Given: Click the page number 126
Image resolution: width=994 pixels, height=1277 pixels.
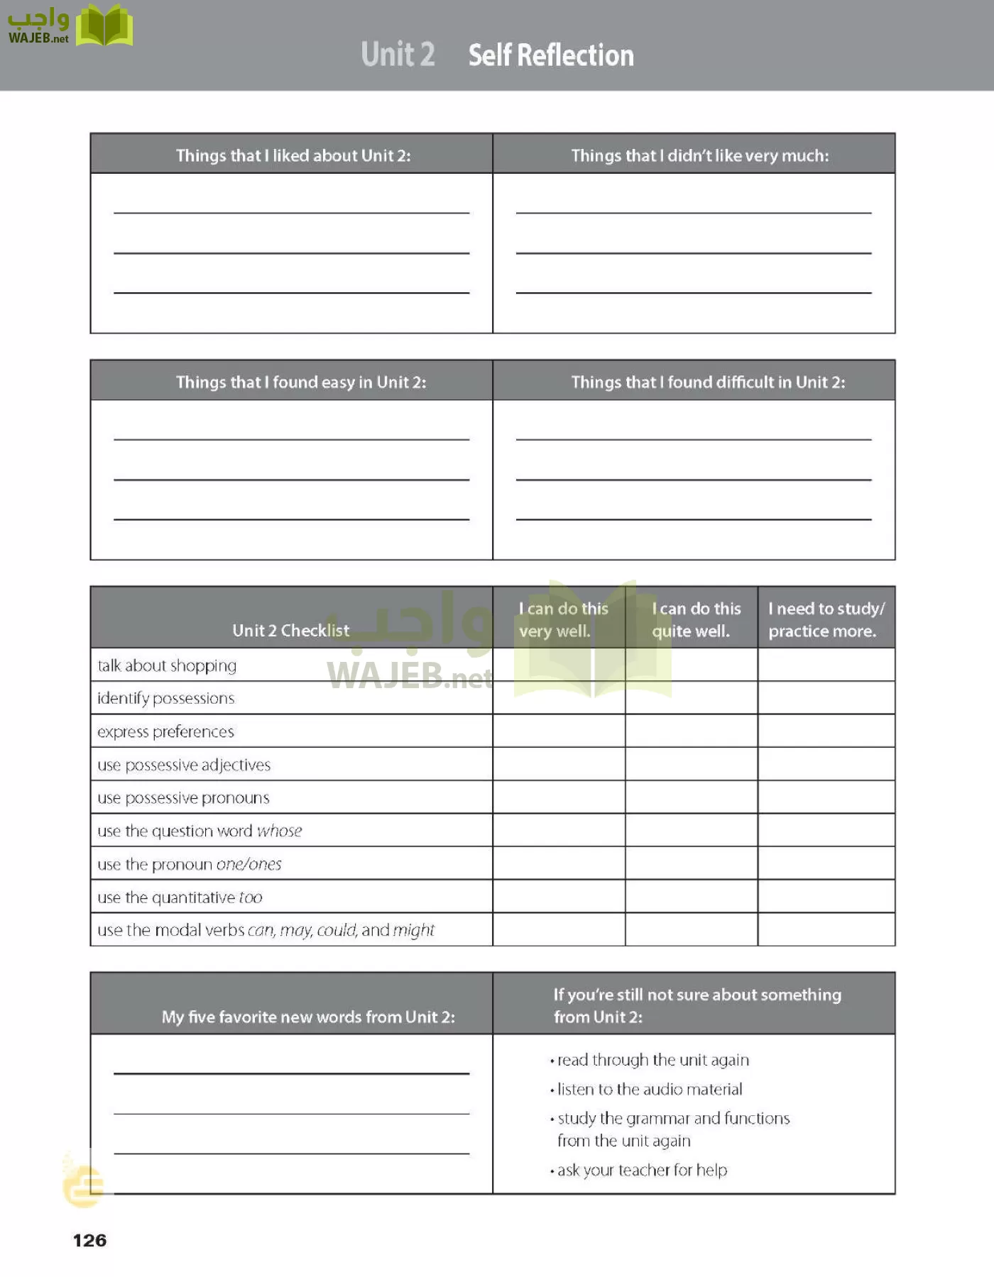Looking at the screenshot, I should point(89,1240).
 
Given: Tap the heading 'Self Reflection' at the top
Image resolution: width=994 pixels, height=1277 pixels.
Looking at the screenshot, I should point(551,55).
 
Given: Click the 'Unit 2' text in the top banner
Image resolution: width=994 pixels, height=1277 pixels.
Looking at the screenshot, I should point(398,55).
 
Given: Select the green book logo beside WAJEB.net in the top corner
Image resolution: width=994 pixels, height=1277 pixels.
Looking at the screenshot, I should point(104,26).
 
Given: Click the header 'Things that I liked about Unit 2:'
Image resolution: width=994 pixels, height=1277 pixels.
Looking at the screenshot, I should point(293,155).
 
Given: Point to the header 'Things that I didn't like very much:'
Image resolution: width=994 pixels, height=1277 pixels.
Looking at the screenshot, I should point(699,155).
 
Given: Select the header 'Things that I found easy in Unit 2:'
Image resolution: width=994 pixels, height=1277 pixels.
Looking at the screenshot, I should point(301,382).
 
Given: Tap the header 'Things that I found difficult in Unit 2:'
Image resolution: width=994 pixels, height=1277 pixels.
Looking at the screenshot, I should point(708,382).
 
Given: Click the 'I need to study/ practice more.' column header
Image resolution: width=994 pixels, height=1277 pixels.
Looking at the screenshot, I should point(826,619).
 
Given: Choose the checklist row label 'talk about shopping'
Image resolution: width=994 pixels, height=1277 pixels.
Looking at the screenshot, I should point(167,665).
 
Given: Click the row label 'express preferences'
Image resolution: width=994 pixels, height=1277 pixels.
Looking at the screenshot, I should point(165,731).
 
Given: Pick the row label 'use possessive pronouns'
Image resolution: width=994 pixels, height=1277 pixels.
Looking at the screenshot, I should point(183,798).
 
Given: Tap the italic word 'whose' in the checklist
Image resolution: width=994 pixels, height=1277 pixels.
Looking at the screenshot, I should point(279,831).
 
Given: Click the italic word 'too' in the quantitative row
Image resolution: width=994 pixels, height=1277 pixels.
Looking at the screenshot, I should point(251,897).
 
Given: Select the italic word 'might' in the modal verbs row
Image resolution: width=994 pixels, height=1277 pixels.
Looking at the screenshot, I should point(413,930).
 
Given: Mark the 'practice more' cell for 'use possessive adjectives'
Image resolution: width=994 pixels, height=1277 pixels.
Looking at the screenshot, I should point(826,765).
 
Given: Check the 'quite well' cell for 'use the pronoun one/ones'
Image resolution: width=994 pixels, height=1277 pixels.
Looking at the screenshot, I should point(691,864).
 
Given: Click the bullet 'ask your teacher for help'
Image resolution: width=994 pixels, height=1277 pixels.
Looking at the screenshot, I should point(642,1170).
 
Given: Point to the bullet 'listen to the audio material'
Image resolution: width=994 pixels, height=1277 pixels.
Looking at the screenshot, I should point(649,1089).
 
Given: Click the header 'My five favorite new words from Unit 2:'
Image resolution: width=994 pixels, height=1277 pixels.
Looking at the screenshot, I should point(308,1017).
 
